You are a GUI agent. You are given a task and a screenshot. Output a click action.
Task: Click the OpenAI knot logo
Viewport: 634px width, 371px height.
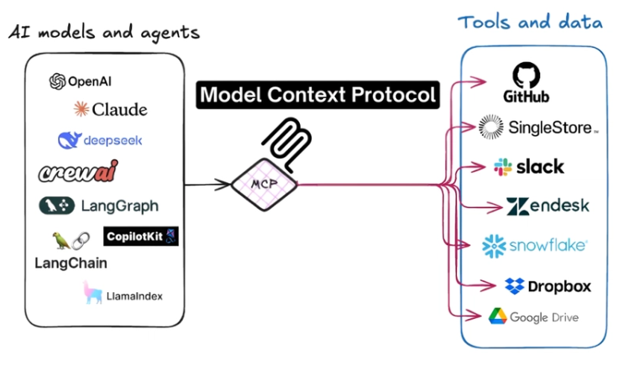tap(57, 81)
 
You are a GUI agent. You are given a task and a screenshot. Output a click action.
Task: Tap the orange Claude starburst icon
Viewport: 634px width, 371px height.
tap(81, 109)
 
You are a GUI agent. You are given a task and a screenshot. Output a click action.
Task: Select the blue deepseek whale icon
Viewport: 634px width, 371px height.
tap(70, 140)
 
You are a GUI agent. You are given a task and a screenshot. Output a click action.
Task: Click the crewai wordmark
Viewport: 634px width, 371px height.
tap(78, 171)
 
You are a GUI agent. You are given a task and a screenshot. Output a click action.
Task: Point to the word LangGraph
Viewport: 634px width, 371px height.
tap(120, 206)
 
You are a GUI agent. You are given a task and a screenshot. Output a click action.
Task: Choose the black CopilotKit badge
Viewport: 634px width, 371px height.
tap(141, 236)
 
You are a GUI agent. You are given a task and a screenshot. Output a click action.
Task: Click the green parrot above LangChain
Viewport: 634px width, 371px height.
tap(61, 240)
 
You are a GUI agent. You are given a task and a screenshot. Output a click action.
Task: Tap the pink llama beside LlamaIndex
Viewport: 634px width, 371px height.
tap(92, 292)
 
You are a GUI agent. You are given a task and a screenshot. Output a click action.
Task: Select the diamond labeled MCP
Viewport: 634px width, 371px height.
tap(265, 185)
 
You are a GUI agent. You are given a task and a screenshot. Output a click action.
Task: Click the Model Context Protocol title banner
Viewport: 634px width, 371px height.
tap(317, 95)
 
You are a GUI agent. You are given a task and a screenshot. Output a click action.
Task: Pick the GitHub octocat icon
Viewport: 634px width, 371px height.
tap(526, 76)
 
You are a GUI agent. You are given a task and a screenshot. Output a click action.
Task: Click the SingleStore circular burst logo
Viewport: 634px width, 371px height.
tap(491, 127)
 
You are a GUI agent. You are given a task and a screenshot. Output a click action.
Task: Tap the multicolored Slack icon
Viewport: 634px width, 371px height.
tap(503, 167)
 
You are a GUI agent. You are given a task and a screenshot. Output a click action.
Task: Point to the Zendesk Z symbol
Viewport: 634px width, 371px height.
tap(517, 206)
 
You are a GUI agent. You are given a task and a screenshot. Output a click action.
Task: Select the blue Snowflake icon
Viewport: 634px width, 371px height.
tap(494, 246)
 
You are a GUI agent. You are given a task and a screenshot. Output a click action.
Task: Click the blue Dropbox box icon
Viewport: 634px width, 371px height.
tap(514, 285)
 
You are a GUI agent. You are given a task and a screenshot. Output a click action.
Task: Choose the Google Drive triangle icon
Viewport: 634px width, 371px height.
tap(498, 316)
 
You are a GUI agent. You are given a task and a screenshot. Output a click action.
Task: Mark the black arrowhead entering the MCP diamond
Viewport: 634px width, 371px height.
tap(223, 185)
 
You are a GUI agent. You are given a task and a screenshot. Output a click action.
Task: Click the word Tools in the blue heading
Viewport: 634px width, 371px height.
tap(484, 22)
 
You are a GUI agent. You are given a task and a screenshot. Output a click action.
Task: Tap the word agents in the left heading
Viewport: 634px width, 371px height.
tap(170, 33)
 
